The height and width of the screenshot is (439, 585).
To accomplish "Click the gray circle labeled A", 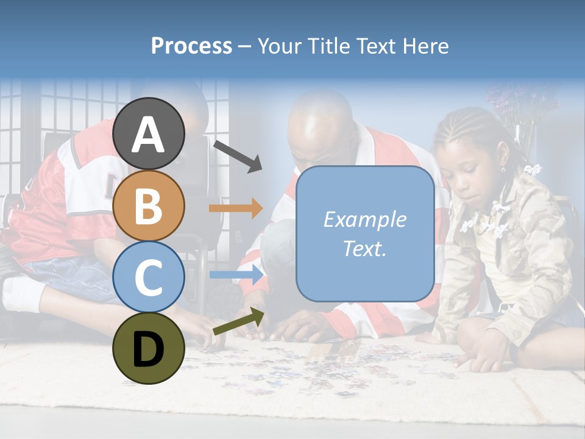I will click(149, 134).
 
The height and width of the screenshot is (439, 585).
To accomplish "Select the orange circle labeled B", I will click(149, 205).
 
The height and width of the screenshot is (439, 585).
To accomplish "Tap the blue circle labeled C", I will click(149, 277).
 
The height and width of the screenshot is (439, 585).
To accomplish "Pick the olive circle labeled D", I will click(149, 348).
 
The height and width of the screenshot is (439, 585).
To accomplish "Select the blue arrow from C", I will click(236, 275).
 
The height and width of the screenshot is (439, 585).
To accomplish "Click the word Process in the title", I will click(191, 46).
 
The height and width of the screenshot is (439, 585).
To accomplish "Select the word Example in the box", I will click(365, 220).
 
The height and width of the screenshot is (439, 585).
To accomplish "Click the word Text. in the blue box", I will click(365, 248).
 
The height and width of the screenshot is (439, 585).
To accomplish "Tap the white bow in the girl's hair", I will click(533, 169).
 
